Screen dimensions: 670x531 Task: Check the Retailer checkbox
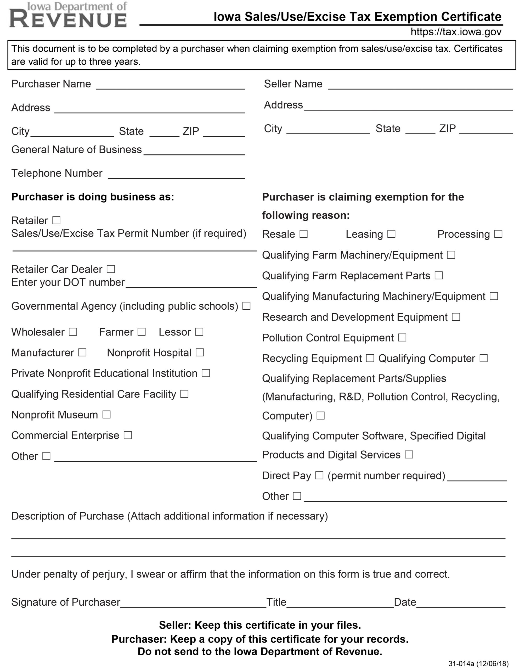56,220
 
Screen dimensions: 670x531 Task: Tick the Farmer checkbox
142,332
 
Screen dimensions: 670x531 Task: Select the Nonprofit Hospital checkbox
200,352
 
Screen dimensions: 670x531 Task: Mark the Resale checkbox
303,234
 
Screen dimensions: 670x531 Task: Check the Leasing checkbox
391,234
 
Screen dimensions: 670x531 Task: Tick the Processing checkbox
498,234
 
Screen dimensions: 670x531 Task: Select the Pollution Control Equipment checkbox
402,337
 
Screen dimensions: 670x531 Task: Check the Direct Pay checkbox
319,475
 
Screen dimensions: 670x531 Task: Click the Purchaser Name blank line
170,86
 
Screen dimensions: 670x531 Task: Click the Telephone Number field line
176,175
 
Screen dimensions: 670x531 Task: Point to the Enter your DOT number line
191,284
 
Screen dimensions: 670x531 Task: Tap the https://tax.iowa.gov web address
456,32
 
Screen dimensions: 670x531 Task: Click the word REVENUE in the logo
68,19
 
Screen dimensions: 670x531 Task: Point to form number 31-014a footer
478,664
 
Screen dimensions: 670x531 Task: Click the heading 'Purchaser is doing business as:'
93,197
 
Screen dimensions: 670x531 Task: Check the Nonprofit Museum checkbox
106,415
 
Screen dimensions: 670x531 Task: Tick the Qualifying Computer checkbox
483,358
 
